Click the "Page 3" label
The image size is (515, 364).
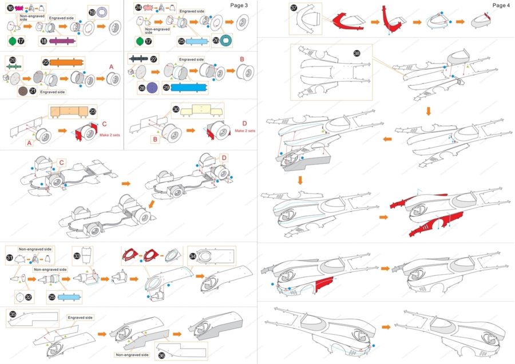point(239,5)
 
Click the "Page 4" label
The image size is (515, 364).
point(501,5)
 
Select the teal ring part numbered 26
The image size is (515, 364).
point(226,39)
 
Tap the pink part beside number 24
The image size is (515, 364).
point(150,8)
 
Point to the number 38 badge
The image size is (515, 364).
point(357,53)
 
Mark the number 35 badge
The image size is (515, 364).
point(13,314)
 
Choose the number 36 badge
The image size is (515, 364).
point(162,355)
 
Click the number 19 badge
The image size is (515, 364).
point(92,12)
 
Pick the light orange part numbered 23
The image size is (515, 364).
point(69,112)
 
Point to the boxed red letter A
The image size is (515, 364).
point(28,143)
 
